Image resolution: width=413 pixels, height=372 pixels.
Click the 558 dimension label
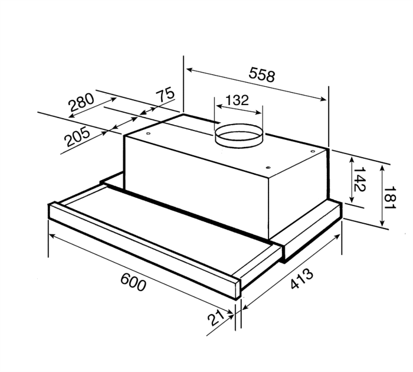pos(262,76)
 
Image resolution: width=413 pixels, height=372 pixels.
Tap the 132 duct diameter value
pos(237,100)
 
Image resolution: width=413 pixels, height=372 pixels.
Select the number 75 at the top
pos(166,95)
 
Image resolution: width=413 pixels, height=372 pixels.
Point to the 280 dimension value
pos(81,103)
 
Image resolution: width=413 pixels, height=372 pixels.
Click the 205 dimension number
pos(77,138)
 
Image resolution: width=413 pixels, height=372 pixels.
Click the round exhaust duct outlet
pos(238,135)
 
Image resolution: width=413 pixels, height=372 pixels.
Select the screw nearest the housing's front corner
pos(267,167)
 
